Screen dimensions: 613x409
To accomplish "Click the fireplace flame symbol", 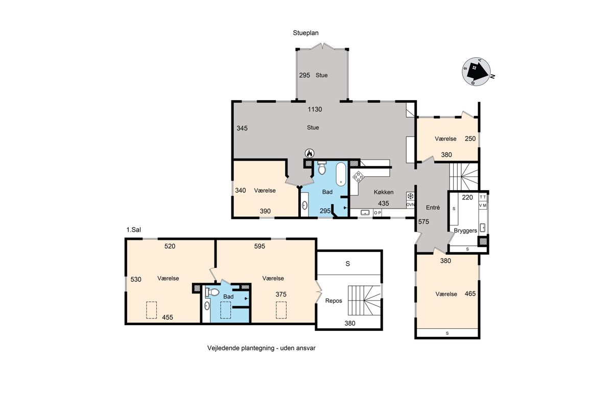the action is click(310, 153).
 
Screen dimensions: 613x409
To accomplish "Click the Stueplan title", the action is click(305, 33).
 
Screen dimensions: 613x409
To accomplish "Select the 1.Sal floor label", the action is click(133, 230).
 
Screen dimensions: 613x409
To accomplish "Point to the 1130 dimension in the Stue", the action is click(315, 109).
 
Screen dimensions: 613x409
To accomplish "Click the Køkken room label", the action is click(384, 192).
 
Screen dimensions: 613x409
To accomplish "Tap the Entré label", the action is click(433, 208).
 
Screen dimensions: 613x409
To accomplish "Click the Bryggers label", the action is click(465, 231).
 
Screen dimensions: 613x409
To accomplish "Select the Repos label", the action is click(334, 301).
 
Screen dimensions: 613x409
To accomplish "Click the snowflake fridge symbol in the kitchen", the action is click(410, 196).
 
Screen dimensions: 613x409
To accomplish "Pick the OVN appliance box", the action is click(410, 204).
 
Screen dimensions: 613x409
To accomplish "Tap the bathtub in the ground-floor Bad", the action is click(341, 174).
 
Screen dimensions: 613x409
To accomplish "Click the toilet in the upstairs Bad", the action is click(213, 292).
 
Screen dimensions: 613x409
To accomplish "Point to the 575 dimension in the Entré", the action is click(423, 222).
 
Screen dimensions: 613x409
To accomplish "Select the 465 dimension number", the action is click(470, 294).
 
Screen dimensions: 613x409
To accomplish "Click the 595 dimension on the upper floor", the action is click(260, 246).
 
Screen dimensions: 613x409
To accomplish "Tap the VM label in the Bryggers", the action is click(483, 206).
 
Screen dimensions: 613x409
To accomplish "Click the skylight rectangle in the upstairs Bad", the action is click(225, 310).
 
